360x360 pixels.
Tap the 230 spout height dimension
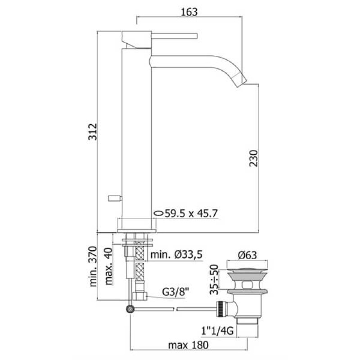coord(253,158)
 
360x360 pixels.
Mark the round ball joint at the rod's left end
coord(130,309)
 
